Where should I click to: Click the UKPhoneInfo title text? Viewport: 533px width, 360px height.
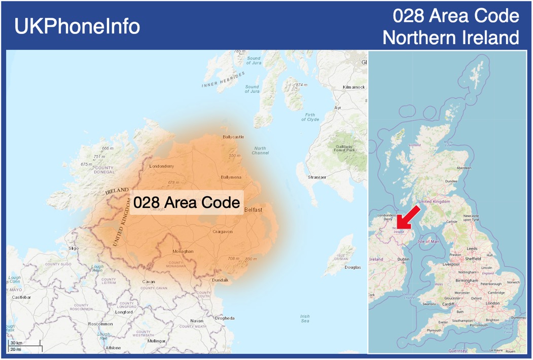77,26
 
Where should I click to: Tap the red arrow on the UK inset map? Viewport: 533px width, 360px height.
408,217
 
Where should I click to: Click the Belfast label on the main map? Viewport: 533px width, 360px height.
253,209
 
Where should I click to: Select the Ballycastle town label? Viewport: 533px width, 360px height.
233,137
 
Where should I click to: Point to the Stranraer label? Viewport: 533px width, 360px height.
317,177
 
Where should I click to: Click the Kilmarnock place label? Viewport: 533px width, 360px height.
353,87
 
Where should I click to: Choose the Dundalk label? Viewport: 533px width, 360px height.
220,280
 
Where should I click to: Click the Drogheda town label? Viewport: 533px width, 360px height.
225,318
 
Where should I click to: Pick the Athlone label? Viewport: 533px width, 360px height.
113,348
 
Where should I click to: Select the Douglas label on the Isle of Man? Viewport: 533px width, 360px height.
352,267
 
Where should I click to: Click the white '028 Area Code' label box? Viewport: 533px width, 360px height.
187,203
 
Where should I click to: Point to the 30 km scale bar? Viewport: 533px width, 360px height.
24,346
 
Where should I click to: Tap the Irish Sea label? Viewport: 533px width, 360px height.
304,318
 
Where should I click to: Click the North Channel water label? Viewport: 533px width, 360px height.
260,151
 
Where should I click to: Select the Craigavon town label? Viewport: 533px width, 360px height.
222,232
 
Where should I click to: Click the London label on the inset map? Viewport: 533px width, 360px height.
493,303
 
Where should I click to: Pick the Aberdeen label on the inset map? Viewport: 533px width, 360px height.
464,168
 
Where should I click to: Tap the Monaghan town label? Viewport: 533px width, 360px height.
183,251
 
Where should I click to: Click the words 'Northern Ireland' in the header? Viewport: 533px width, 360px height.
450,38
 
